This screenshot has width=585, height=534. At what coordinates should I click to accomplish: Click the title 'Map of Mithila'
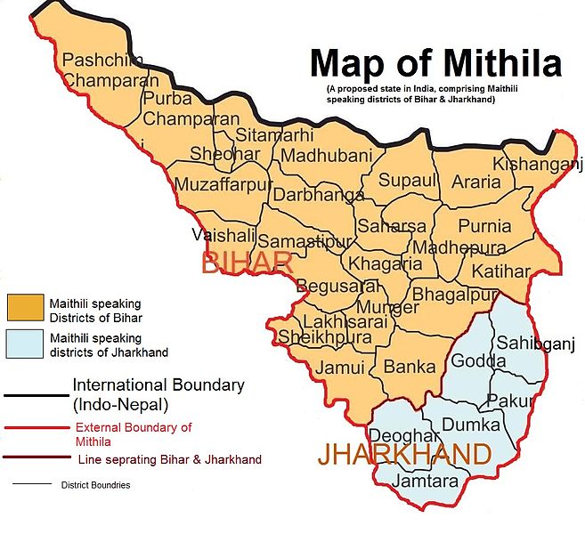(435, 64)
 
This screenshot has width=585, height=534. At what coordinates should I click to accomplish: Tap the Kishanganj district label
(531, 165)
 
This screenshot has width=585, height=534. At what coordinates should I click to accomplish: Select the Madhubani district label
(326, 156)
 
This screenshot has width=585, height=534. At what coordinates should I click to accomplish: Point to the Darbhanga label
(318, 195)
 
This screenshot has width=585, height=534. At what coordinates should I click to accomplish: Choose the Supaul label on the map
(408, 181)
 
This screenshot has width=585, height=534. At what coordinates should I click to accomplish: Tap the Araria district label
(476, 182)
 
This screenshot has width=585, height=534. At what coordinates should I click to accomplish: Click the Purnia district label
(485, 226)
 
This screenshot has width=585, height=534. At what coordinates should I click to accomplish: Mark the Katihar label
(500, 269)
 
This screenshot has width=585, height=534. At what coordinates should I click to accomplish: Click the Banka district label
(410, 366)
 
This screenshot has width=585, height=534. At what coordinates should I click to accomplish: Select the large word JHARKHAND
(404, 454)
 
